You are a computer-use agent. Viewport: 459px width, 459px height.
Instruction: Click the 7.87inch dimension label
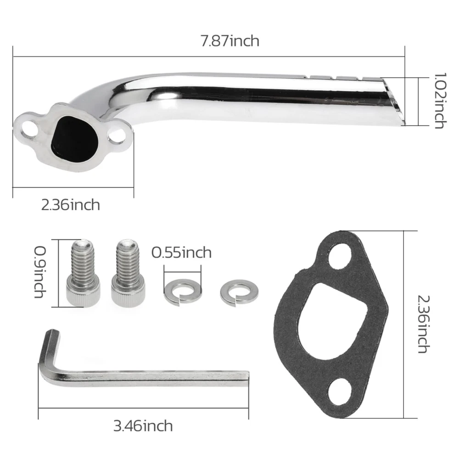[230, 41]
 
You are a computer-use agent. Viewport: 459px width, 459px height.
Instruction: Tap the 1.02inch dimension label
[440, 101]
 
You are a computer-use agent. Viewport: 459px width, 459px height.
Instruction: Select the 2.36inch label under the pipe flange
[71, 205]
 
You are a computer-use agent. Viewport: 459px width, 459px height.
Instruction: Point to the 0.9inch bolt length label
[40, 272]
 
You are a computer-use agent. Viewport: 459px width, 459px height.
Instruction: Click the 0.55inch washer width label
[181, 252]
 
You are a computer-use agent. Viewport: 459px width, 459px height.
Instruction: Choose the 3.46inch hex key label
[143, 426]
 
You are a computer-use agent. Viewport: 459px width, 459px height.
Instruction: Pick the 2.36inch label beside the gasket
[424, 324]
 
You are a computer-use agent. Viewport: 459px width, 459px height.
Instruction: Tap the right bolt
[128, 273]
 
